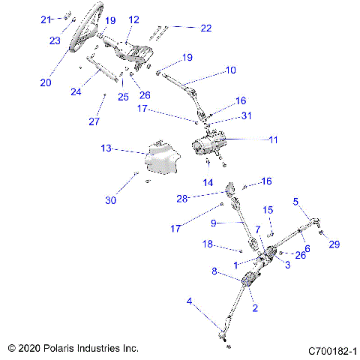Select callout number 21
(x=45, y=19)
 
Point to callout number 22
(x=205, y=28)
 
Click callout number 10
(x=230, y=70)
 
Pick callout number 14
(x=207, y=182)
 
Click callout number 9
(x=214, y=223)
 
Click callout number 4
(x=189, y=301)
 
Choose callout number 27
(x=94, y=121)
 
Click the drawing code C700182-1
(x=334, y=350)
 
